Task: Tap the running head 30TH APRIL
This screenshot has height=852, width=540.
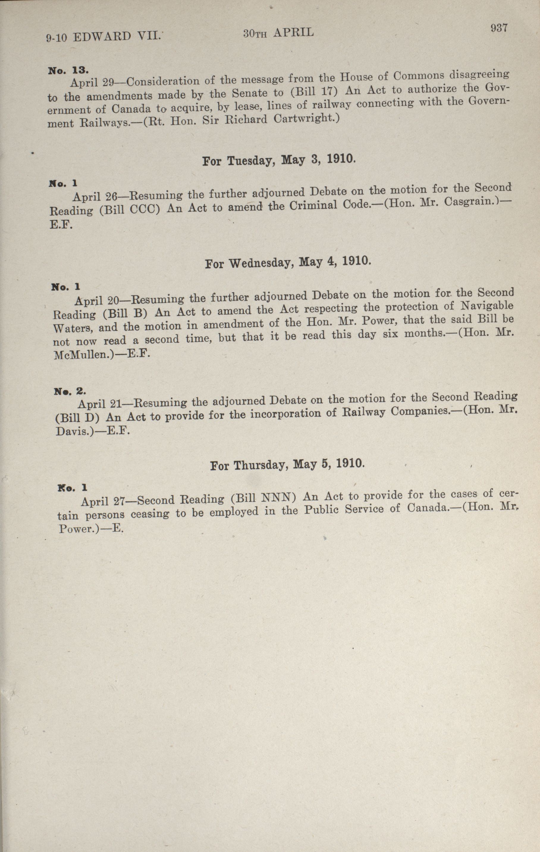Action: (278, 33)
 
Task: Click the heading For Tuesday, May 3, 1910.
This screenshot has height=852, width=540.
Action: (278, 160)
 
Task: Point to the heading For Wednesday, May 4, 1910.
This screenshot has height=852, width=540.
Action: (288, 262)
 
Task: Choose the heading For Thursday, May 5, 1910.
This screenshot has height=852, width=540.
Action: (287, 464)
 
